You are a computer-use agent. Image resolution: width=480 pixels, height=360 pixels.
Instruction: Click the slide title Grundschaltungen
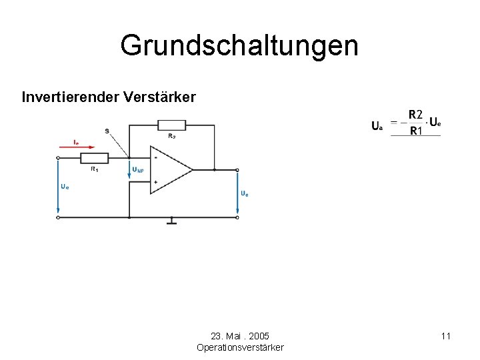[239, 46]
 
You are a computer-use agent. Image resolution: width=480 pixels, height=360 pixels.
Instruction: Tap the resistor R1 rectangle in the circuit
[94, 158]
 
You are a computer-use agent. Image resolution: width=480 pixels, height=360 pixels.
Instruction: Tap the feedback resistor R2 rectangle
[171, 125]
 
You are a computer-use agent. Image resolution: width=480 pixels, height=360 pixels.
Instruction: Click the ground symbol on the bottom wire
[171, 221]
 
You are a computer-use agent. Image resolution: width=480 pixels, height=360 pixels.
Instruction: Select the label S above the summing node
[107, 131]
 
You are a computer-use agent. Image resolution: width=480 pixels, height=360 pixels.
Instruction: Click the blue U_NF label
[138, 170]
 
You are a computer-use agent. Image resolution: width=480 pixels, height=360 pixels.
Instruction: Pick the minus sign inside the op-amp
[155, 159]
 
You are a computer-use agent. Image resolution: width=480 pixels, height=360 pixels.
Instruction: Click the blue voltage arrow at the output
[237, 193]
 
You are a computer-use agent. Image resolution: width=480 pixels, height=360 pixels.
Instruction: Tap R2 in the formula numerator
[415, 115]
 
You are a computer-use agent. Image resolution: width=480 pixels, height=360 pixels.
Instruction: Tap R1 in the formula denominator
[415, 131]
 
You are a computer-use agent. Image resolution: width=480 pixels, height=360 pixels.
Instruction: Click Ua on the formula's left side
[377, 125]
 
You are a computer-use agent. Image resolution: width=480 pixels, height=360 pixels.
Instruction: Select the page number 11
[446, 336]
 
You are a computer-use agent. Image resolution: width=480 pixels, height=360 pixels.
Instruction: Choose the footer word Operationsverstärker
[240, 347]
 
